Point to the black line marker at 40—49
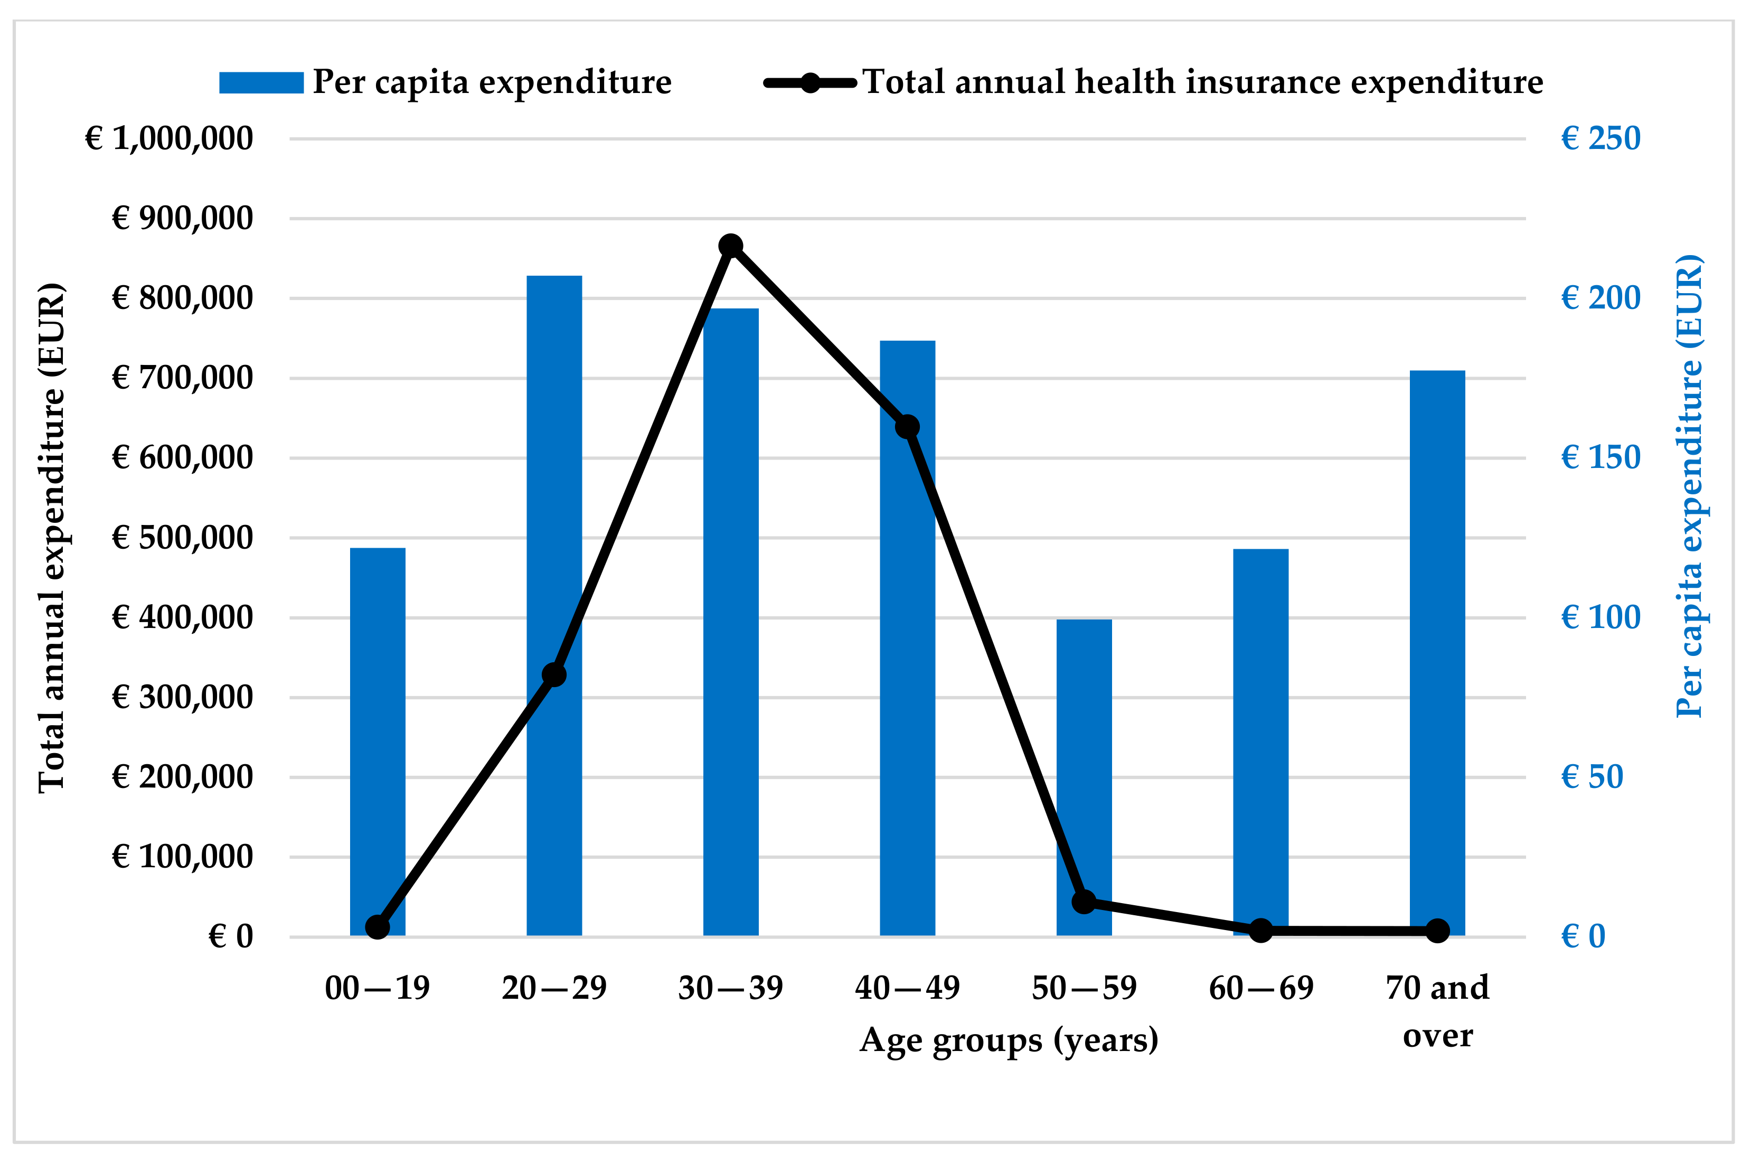click(x=907, y=427)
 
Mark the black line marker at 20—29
click(x=554, y=675)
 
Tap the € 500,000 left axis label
click(x=183, y=538)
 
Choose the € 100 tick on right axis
click(x=1601, y=617)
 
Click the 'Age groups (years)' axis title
click(x=1009, y=1040)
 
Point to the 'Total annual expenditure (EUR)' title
click(x=52, y=538)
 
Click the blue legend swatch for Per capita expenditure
click(x=261, y=82)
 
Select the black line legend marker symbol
click(x=810, y=82)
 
